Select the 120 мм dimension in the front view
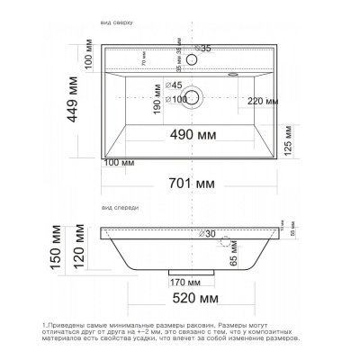tap(81, 250)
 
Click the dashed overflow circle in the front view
tap(226, 242)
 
